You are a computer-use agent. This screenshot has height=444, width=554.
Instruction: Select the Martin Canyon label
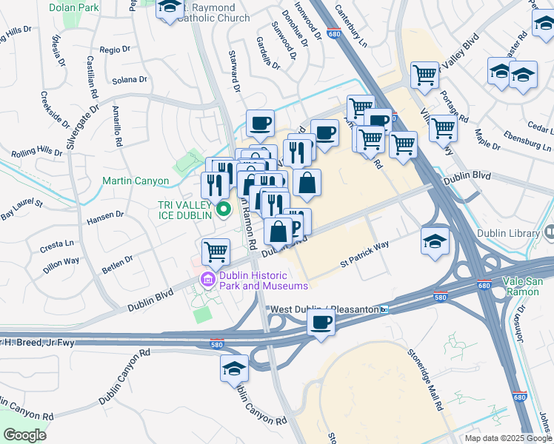[x=136, y=181]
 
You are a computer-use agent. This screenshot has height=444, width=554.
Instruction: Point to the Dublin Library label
[x=511, y=234]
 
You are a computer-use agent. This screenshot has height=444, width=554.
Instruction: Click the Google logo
[x=24, y=434]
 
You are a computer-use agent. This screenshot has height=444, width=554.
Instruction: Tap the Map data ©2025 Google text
[x=507, y=438]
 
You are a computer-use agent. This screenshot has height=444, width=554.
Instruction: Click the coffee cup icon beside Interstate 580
[x=321, y=323]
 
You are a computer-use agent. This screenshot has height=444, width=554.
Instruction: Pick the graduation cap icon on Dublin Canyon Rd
[x=235, y=368]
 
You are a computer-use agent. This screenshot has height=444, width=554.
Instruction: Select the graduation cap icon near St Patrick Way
[x=435, y=240]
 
